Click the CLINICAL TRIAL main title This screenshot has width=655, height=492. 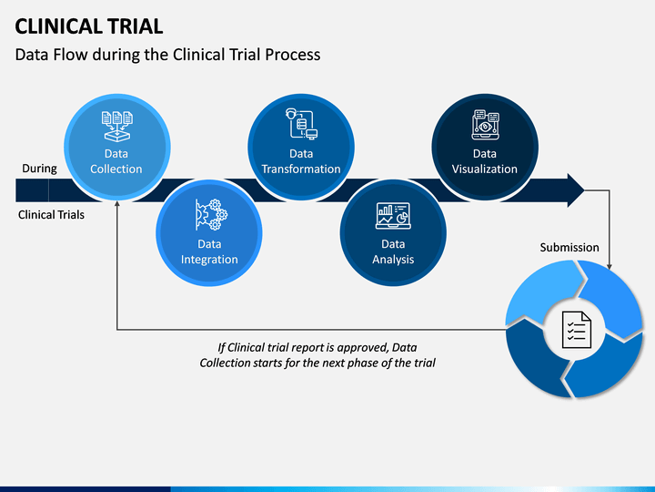pyautogui.click(x=88, y=26)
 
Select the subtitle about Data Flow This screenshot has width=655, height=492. pyautogui.click(x=167, y=55)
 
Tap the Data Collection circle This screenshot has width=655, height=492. pyautogui.click(x=117, y=148)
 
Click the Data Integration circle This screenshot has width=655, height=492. pyautogui.click(x=209, y=233)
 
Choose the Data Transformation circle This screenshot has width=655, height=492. pyautogui.click(x=301, y=148)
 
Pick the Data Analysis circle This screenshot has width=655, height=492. pyautogui.click(x=393, y=233)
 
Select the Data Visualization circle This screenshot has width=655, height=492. pyautogui.click(x=485, y=148)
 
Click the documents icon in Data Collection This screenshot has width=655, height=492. pyautogui.click(x=117, y=126)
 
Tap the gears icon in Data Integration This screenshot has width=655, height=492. pyautogui.click(x=211, y=215)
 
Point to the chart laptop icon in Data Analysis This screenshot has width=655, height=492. pyautogui.click(x=393, y=216)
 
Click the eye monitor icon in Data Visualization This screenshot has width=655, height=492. pyautogui.click(x=486, y=125)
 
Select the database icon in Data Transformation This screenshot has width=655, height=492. pyautogui.click(x=302, y=124)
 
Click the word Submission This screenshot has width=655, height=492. pyautogui.click(x=569, y=247)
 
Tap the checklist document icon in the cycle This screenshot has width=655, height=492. pyautogui.click(x=577, y=330)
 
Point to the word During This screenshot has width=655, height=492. pyautogui.click(x=39, y=169)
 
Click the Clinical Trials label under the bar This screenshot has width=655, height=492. pyautogui.click(x=51, y=215)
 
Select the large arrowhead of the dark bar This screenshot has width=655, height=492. pyautogui.click(x=576, y=190)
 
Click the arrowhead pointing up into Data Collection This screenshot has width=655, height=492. pyautogui.click(x=117, y=204)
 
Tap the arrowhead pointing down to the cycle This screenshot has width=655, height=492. pyautogui.click(x=610, y=266)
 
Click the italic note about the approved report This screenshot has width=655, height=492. pyautogui.click(x=317, y=355)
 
